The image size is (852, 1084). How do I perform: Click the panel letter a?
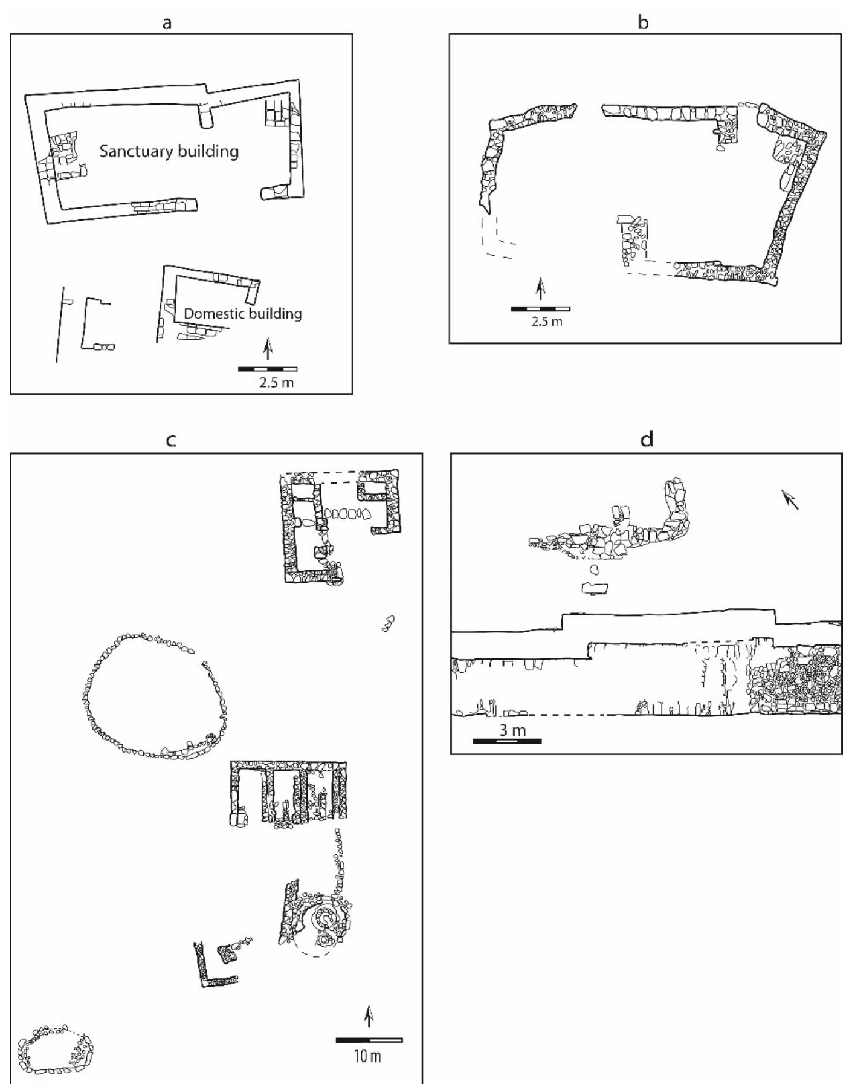(167, 23)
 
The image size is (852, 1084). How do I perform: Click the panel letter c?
(171, 440)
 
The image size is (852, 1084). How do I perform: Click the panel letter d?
(647, 440)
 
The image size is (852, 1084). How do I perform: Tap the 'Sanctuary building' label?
(169, 151)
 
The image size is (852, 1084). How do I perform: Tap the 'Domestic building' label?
(242, 314)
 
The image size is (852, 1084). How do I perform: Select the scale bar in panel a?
(268, 369)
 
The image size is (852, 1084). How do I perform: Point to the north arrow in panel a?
(268, 349)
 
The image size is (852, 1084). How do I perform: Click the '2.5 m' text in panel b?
(547, 322)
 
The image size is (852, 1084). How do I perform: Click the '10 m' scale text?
(367, 1056)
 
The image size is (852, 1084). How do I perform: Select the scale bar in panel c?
(369, 1040)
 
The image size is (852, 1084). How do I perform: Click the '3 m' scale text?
(512, 730)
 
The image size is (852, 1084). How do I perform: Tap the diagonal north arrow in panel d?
(791, 500)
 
